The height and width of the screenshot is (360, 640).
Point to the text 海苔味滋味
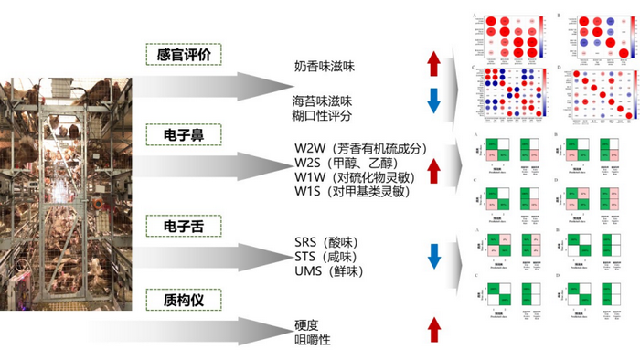(322, 100)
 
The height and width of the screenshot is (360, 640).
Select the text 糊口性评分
(322, 116)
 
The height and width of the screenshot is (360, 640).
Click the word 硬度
(306, 324)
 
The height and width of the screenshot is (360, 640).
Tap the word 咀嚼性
(312, 340)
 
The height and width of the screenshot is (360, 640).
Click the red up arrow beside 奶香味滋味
(433, 65)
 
